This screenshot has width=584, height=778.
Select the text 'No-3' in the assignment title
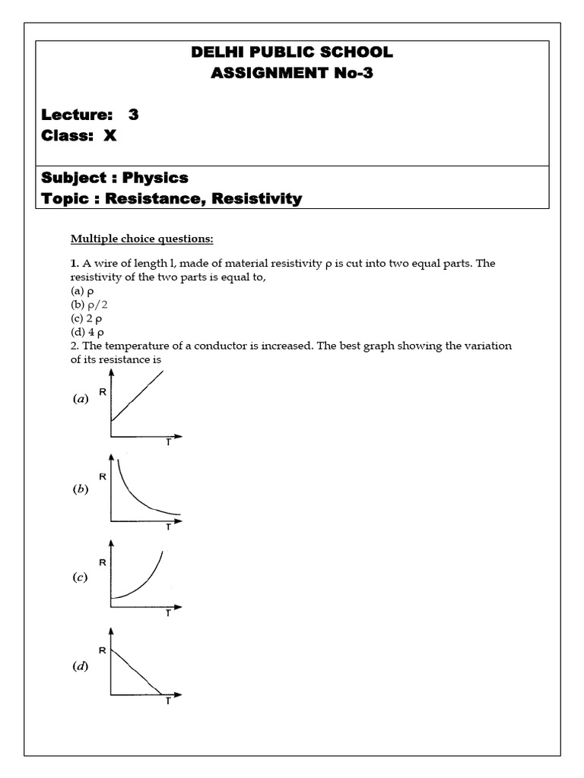click(x=354, y=74)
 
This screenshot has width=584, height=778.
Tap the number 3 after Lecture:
click(x=134, y=115)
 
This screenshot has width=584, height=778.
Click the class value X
click(x=110, y=137)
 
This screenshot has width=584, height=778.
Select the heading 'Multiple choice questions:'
click(x=142, y=239)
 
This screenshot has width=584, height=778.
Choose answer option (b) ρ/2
click(x=87, y=305)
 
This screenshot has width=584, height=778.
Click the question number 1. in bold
click(x=75, y=264)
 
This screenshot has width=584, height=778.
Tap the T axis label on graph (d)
click(x=168, y=701)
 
